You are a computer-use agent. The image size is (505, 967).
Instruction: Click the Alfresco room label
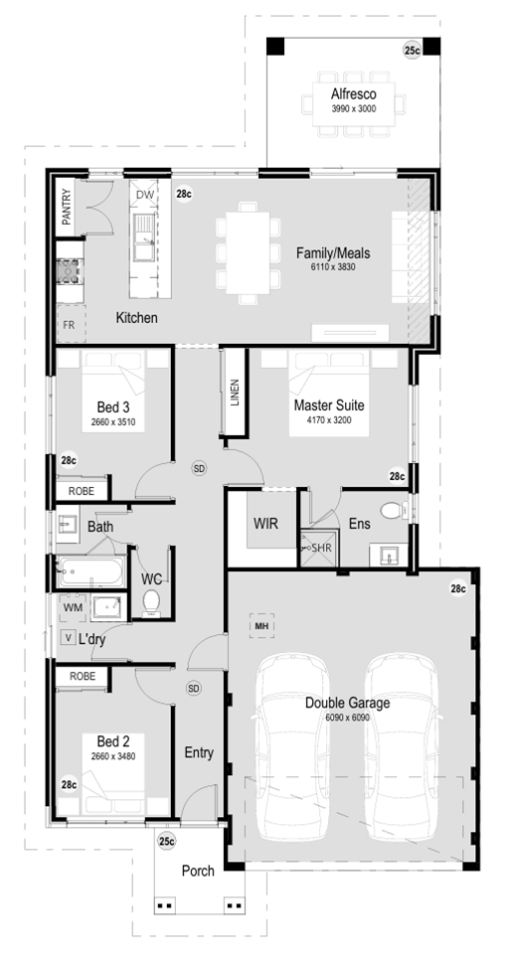(353, 94)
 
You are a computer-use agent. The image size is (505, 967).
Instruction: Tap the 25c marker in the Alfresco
(412, 51)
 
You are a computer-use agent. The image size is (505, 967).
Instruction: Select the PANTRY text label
(67, 207)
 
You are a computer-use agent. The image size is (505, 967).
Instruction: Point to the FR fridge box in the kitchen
(69, 324)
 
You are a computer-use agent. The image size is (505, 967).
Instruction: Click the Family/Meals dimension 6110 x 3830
(333, 267)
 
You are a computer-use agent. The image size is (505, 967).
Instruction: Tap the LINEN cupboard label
(235, 393)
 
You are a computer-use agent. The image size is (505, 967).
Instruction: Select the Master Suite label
(329, 405)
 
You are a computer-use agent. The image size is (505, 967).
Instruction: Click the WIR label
(265, 524)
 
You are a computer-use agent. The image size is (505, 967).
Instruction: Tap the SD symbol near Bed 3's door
(199, 469)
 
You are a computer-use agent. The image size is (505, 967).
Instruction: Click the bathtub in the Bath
(91, 571)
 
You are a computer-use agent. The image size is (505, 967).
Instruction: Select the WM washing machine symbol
(73, 607)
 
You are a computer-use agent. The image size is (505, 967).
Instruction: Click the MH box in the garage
(261, 626)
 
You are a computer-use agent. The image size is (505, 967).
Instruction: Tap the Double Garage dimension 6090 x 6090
(347, 718)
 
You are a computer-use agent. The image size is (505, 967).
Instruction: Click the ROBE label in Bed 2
(82, 676)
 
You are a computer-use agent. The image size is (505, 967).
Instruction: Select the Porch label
(198, 871)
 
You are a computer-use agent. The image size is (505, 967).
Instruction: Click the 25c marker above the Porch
(166, 841)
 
